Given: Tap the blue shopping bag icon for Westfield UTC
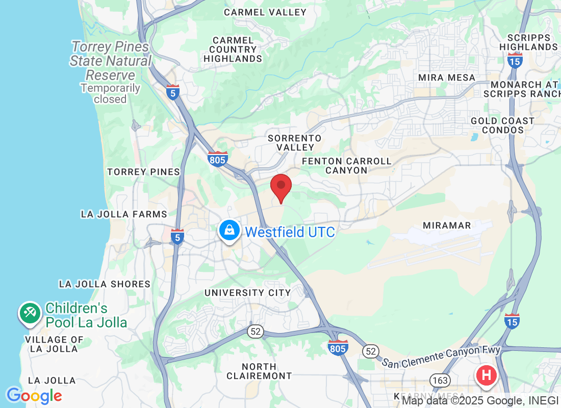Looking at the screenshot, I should [230, 231].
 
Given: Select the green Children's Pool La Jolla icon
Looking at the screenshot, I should [30, 313].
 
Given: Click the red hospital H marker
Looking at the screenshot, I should [487, 375].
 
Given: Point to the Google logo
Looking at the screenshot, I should [34, 396].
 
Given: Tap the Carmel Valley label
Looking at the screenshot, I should [265, 12].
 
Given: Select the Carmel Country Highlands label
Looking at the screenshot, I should [233, 49].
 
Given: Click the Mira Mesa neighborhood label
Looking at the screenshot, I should [446, 78].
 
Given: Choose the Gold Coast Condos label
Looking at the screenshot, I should [502, 125].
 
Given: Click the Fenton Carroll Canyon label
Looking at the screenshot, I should [347, 166].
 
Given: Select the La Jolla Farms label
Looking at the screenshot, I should [124, 214].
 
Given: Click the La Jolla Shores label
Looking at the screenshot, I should [105, 284].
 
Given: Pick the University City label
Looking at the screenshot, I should [247, 293].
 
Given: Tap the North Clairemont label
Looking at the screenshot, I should [259, 371].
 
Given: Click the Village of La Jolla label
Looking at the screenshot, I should [54, 344].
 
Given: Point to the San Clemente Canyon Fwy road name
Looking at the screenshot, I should [441, 356].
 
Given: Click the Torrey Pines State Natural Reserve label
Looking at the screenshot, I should [111, 61].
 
